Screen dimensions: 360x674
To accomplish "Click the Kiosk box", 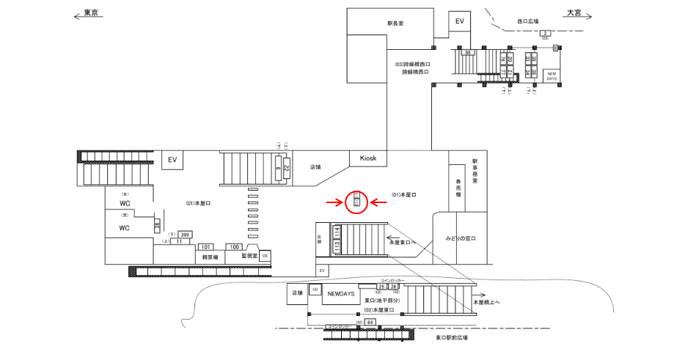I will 367,158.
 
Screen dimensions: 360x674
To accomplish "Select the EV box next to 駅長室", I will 460,22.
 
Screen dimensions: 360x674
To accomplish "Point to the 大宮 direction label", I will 574,13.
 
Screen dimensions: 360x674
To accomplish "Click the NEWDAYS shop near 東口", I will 341,293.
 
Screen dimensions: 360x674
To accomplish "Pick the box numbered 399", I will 185,235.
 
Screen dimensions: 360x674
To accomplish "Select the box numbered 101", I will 206,247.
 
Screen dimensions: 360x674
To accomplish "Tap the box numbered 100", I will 235,247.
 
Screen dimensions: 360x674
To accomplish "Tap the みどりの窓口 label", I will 461,240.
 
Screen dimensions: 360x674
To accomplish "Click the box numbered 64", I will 370,322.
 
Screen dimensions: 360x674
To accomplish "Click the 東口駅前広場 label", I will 452,338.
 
